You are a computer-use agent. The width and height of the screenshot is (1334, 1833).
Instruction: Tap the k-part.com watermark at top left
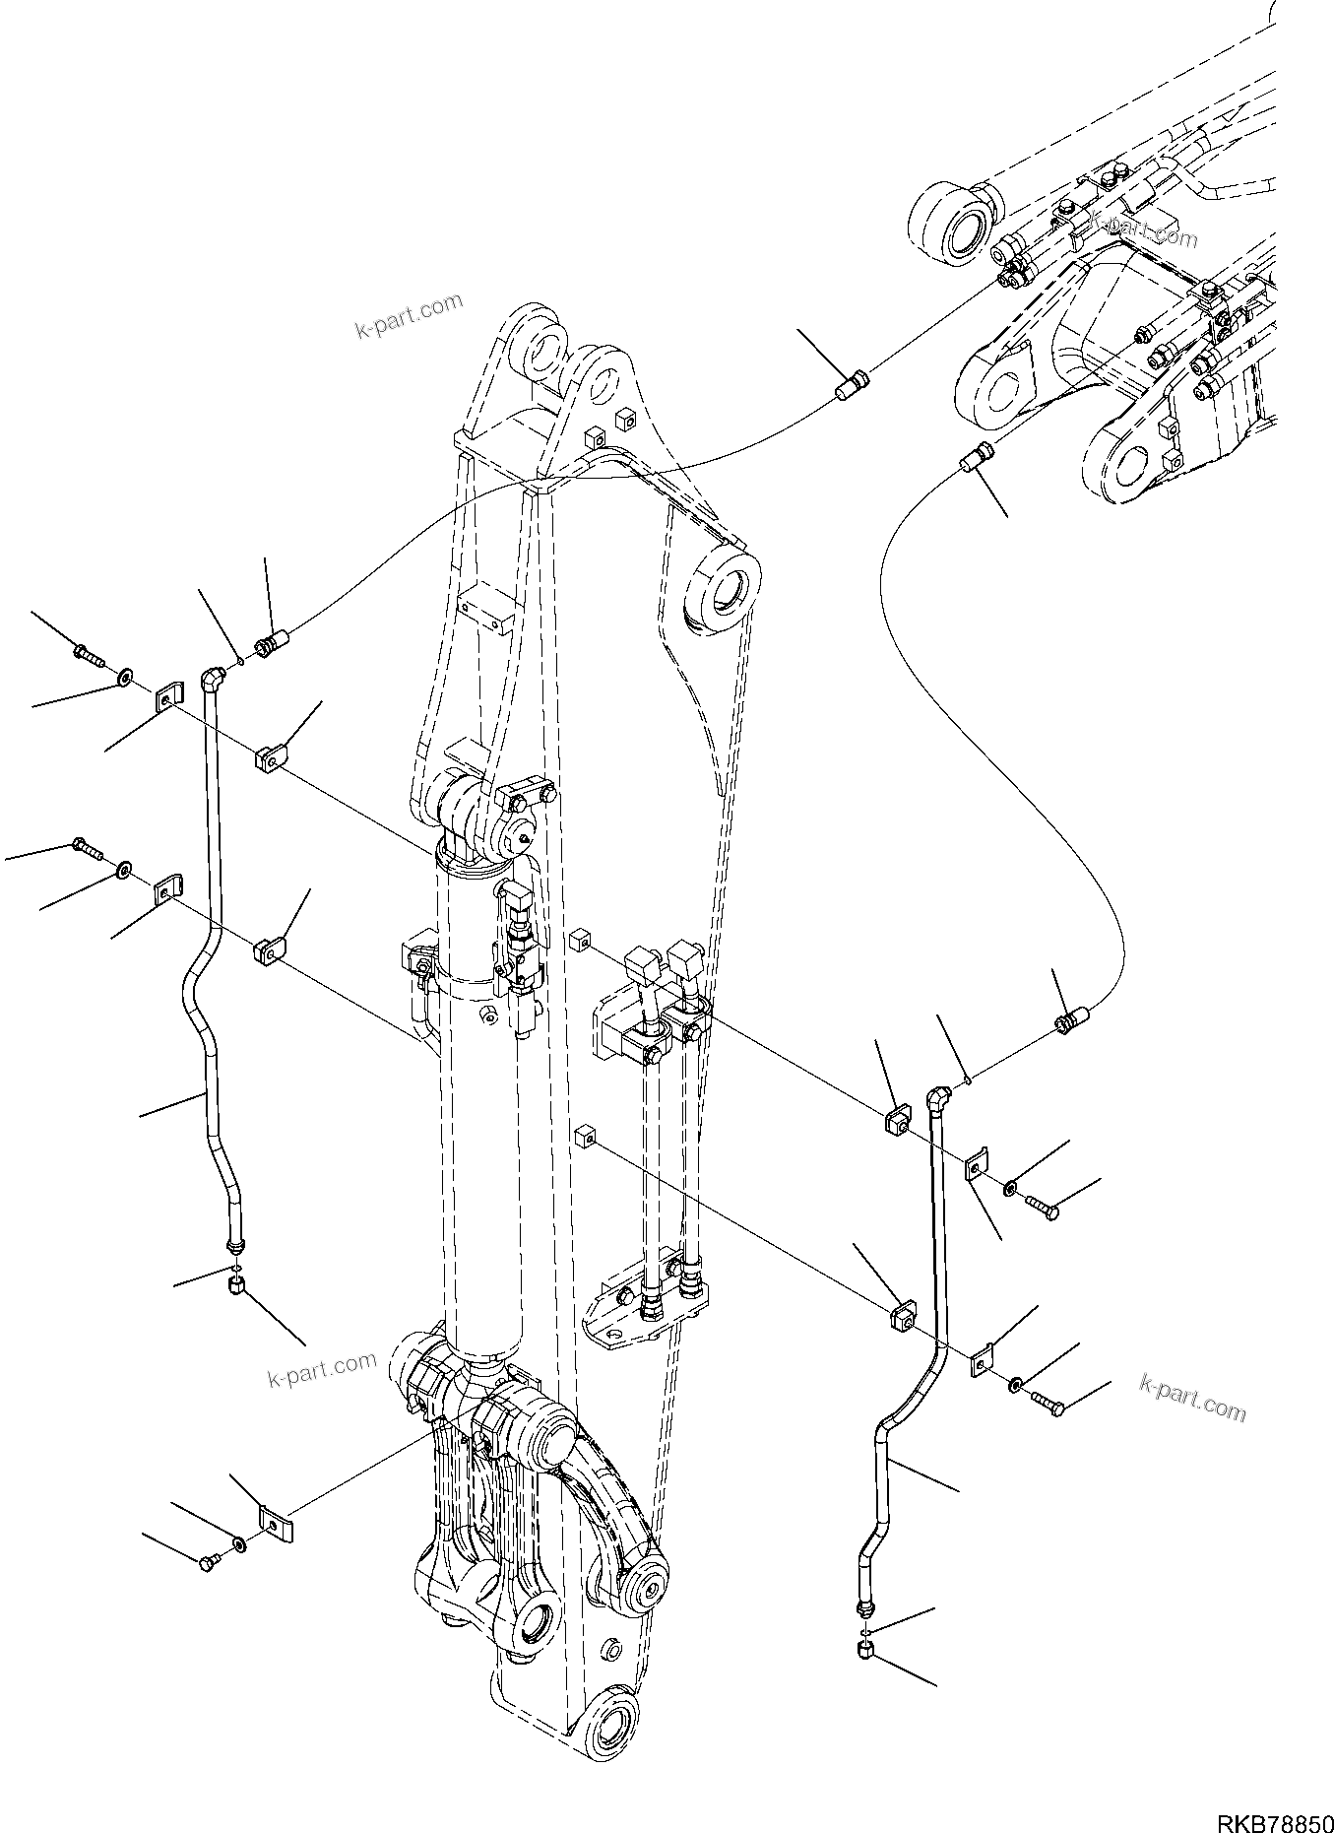[x=408, y=314]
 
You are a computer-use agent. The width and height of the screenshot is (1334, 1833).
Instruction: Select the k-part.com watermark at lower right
[x=1192, y=1397]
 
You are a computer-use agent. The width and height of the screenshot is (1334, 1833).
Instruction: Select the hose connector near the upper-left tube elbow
[x=271, y=644]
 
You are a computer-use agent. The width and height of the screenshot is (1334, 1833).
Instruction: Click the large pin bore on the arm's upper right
[x=726, y=593]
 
